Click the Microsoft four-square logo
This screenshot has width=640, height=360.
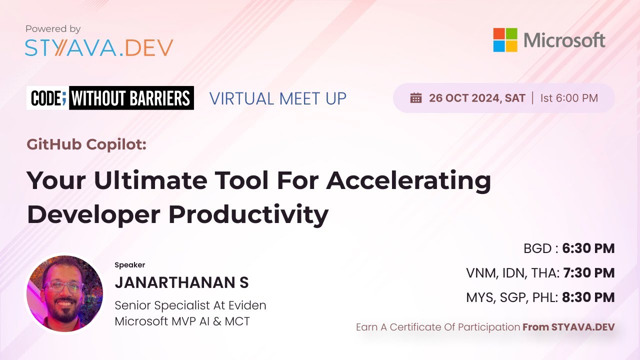tap(505, 40)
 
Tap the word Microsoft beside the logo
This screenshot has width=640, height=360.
tap(564, 40)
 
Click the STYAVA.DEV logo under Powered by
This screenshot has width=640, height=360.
tap(99, 47)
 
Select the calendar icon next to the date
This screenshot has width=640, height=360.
tap(416, 98)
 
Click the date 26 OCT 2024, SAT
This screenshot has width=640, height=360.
tap(477, 98)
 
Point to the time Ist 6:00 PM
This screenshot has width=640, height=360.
tap(569, 98)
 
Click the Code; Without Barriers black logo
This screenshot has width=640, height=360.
tap(110, 98)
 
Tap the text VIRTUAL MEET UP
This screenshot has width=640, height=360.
tap(277, 98)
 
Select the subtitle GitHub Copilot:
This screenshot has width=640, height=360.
tap(86, 144)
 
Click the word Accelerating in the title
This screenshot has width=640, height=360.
tap(408, 180)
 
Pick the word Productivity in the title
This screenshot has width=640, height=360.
tap(248, 214)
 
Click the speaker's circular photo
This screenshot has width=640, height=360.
tap(64, 293)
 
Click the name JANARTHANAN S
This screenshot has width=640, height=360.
tap(181, 282)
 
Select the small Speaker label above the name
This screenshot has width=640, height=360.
tap(129, 265)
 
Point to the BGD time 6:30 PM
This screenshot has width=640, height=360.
tap(588, 248)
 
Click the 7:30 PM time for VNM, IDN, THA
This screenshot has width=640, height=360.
tap(589, 273)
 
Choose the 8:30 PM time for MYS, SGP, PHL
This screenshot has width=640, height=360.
tap(588, 297)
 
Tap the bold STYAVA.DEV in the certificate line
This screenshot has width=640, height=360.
tap(582, 327)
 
